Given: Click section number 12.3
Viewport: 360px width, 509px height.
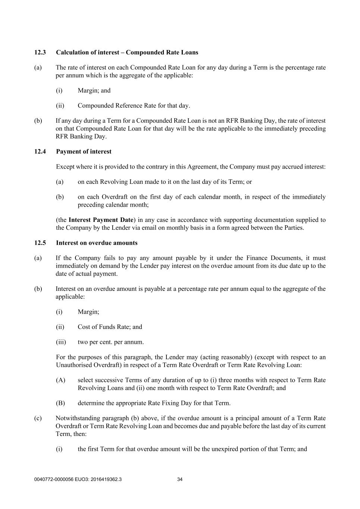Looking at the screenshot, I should [40, 53].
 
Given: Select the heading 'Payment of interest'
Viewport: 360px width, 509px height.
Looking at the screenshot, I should [84, 152].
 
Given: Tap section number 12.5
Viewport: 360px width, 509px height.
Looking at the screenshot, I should [40, 243].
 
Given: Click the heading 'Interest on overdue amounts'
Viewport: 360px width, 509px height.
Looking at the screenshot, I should [97, 243].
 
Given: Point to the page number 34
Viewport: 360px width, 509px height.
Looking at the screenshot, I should [180, 480].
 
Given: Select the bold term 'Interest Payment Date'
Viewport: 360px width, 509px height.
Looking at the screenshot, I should [101, 220].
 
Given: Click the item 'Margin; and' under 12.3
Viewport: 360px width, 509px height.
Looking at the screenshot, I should [94, 91].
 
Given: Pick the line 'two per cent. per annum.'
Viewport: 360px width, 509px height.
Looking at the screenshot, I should [110, 342].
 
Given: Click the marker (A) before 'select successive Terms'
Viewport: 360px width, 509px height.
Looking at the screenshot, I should [60, 380].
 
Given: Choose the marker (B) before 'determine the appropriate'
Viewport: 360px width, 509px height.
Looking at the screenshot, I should [60, 403].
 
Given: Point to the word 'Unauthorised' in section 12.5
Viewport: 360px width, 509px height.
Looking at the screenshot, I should [73, 365].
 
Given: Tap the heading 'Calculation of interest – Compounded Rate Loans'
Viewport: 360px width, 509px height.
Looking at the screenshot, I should [127, 53].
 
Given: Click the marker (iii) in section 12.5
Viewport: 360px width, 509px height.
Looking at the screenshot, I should [61, 342].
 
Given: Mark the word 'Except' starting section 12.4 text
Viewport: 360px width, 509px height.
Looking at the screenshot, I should [65, 167].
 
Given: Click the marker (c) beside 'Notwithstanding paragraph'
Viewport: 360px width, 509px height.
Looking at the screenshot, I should [38, 418].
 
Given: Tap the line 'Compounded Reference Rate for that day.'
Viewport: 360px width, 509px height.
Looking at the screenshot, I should [134, 106].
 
